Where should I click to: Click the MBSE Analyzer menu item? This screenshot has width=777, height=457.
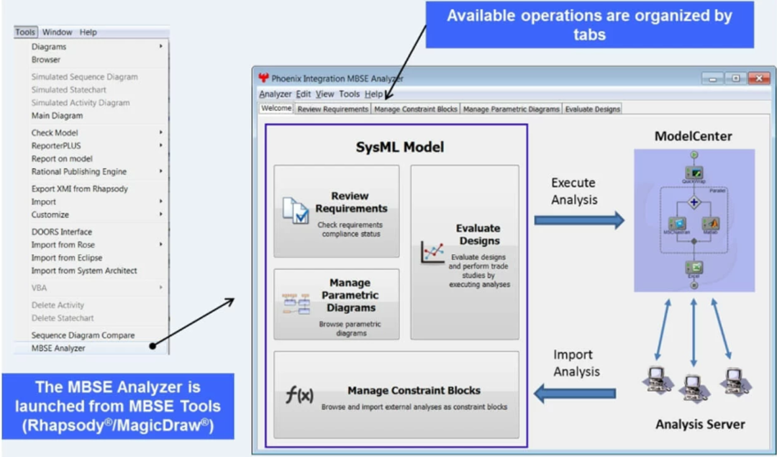(58, 348)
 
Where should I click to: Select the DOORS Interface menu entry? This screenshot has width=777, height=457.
(61, 232)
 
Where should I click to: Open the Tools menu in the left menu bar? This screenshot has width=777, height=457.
(25, 32)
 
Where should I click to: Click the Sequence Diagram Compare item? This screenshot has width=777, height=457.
(83, 335)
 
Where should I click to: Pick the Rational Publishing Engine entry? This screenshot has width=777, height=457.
(78, 171)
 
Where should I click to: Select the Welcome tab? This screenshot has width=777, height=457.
(276, 109)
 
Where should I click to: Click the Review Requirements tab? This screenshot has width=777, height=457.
(332, 109)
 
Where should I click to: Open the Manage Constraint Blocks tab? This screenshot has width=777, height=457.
(415, 109)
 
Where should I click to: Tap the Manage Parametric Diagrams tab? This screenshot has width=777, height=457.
(511, 109)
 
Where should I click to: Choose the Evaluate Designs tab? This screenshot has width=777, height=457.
(592, 109)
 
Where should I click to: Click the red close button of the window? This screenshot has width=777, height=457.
(758, 78)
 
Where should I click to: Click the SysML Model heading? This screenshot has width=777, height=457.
(399, 148)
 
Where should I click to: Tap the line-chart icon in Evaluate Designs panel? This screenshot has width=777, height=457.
(432, 253)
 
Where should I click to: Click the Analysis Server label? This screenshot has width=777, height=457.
(699, 425)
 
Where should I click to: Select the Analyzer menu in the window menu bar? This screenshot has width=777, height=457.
(275, 94)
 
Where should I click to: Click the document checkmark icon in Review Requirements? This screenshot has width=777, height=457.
(295, 209)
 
